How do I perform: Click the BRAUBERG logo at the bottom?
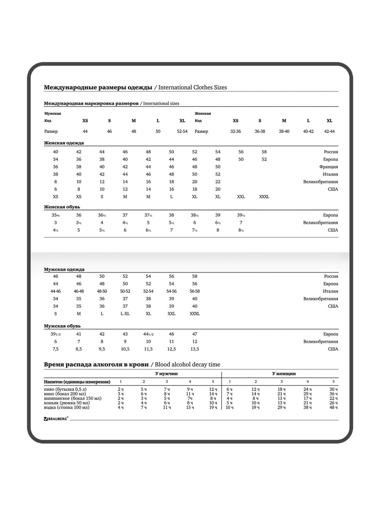tap(56, 419)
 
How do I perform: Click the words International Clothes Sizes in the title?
tap(193, 87)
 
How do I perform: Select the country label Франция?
tap(328, 167)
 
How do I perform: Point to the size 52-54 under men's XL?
tap(182, 131)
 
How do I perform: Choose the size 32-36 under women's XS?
tap(235, 131)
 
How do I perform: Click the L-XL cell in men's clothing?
tap(125, 314)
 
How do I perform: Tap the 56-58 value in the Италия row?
tap(195, 291)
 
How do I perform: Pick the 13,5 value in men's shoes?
tap(195, 349)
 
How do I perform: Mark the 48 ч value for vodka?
tap(334, 407)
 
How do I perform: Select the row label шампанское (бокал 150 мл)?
tap(73, 398)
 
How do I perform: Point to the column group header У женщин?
tap(284, 373)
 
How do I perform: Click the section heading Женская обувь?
tap(62, 207)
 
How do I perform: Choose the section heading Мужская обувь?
tap(62, 326)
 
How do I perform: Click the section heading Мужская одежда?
tap(64, 269)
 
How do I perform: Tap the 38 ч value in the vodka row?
tap(307, 407)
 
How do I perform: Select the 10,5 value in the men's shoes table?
tap(125, 349)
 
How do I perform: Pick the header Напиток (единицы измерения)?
tap(77, 382)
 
